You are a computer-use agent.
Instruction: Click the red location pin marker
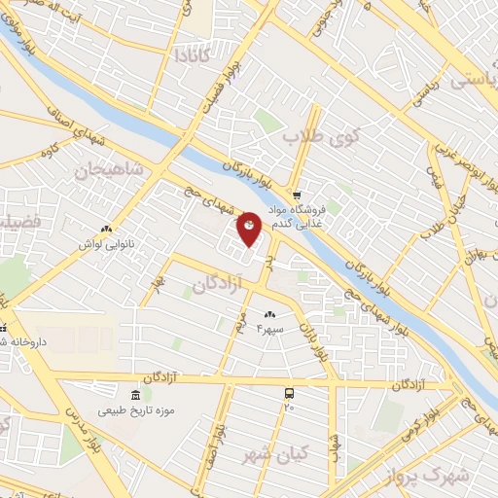coord(249,228)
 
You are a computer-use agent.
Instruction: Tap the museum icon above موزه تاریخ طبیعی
coord(134,394)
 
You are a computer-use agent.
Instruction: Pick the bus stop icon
coord(289,393)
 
